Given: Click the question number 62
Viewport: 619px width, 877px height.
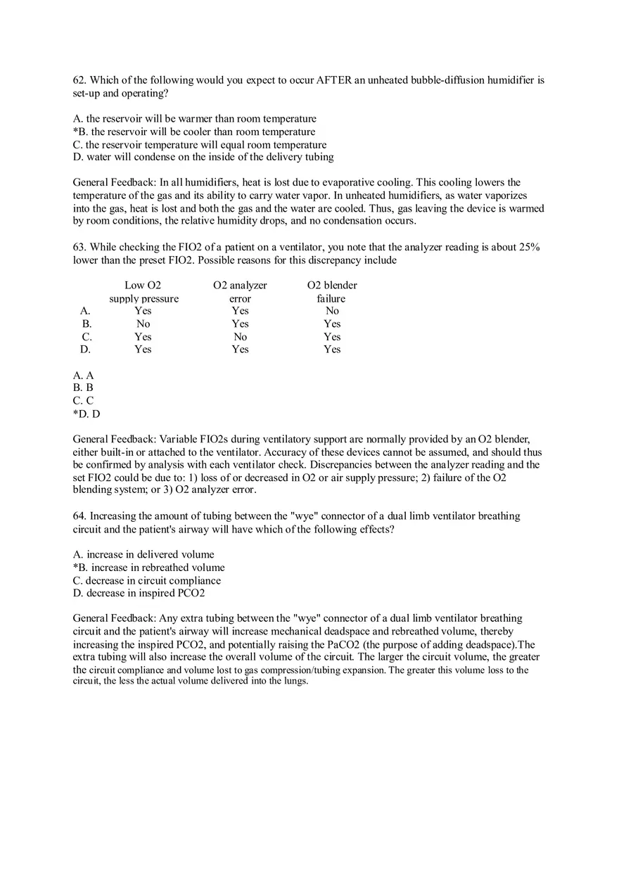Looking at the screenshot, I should [x=79, y=80].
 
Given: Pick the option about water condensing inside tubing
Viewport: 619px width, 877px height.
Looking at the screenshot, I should [x=203, y=157].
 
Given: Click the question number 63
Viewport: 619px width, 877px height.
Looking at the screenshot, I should [x=79, y=247].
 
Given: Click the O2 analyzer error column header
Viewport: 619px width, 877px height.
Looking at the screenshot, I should [x=240, y=291].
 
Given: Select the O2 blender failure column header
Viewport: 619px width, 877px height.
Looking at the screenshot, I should [x=332, y=291].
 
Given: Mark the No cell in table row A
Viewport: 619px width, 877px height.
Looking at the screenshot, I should [x=332, y=310].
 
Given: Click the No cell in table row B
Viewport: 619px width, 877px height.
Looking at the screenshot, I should [x=143, y=324].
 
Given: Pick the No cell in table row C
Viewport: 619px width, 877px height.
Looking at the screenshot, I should [x=240, y=336].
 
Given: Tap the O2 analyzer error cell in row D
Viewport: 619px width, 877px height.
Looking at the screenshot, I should [x=240, y=349].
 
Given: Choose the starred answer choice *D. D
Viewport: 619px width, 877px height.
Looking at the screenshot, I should [x=87, y=414].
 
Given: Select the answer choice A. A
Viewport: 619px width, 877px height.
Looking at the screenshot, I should [x=83, y=376].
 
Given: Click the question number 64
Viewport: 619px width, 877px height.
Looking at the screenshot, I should [x=79, y=516].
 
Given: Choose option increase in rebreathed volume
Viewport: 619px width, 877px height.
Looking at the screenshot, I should [x=149, y=567].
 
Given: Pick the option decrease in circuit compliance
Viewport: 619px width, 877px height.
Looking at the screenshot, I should [x=147, y=580].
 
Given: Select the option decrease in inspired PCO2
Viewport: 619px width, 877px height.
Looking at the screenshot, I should [x=139, y=593].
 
